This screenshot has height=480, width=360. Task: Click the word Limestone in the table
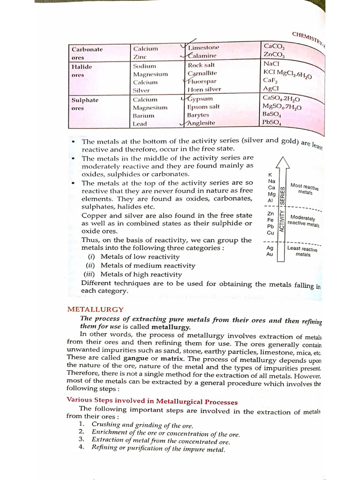click(x=204, y=48)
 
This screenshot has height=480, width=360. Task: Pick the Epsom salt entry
click(x=203, y=107)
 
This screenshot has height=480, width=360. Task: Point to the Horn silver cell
click(x=204, y=90)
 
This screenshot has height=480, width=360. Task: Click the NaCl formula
click(x=271, y=64)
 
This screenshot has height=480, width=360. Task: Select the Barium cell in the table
click(x=143, y=115)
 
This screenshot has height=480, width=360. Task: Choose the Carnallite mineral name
click(x=202, y=74)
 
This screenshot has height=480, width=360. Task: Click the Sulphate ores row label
click(x=84, y=104)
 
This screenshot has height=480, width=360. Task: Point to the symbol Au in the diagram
click(x=270, y=254)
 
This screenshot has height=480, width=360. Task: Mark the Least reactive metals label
click(x=302, y=251)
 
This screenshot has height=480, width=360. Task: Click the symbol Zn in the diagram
click(x=270, y=213)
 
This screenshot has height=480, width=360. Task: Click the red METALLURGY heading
click(x=96, y=309)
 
